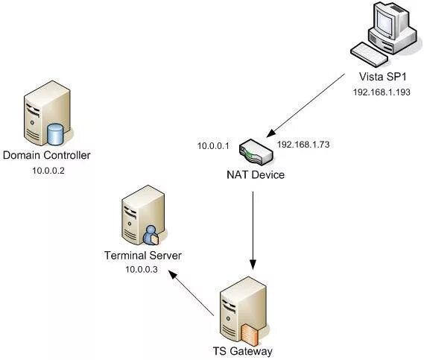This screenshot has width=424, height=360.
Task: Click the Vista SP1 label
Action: [382, 77]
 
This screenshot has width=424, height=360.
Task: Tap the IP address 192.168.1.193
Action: [382, 92]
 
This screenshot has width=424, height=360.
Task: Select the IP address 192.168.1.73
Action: [303, 145]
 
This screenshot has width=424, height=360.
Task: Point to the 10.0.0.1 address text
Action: [213, 146]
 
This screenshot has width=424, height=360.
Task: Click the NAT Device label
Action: [256, 174]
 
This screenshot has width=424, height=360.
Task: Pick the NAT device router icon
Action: [256, 152]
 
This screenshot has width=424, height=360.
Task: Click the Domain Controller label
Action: [46, 155]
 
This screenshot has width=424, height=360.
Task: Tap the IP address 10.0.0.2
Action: [48, 171]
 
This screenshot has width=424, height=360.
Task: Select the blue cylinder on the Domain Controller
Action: [55, 134]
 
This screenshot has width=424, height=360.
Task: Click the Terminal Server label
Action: [143, 256]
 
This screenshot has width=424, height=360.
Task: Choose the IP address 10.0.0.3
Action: [142, 269]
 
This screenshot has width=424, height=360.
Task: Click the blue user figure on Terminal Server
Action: [151, 236]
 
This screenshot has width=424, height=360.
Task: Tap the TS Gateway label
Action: [243, 351]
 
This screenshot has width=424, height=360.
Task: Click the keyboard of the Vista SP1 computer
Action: [369, 54]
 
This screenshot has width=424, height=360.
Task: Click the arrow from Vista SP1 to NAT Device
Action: [306, 106]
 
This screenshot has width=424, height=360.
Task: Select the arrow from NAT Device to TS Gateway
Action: [253, 231]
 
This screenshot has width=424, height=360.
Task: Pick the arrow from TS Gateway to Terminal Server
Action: [192, 293]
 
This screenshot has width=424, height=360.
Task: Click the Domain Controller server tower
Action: [47, 113]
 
